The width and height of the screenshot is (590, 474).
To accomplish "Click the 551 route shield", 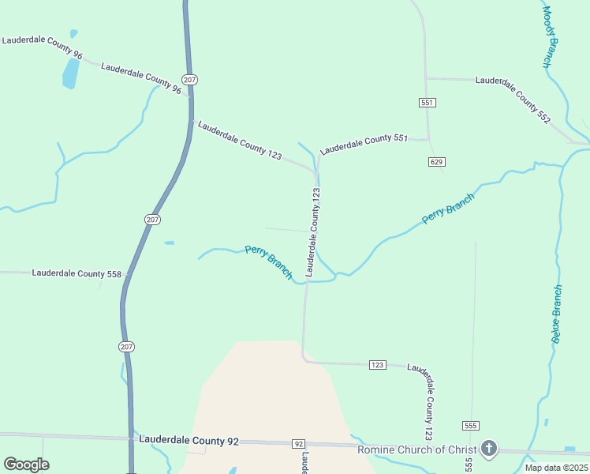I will click(x=427, y=103).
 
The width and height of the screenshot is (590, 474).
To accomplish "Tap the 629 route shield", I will click(x=437, y=161).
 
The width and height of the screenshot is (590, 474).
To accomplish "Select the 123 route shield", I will click(x=378, y=364).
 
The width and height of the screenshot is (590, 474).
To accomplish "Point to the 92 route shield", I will click(x=298, y=444).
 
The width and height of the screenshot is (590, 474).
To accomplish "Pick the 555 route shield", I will click(x=471, y=425).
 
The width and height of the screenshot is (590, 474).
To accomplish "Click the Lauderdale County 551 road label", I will click(x=363, y=143).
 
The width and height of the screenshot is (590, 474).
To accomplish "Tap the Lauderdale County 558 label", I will click(x=77, y=273).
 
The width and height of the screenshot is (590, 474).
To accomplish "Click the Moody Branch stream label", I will click(x=551, y=37).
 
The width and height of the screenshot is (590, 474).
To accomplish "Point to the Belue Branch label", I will click(x=556, y=314).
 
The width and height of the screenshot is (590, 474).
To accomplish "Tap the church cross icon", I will click(x=489, y=450).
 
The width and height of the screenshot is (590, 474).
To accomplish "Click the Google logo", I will click(x=26, y=464).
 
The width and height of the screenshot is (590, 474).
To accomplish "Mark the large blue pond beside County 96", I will click(x=71, y=73).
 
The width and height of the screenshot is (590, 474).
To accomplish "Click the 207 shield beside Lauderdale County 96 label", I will click(x=189, y=80).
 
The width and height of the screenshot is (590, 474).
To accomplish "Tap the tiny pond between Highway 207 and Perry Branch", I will click(x=169, y=243).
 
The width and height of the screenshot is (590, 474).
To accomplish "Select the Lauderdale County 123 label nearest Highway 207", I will click(x=239, y=140).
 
